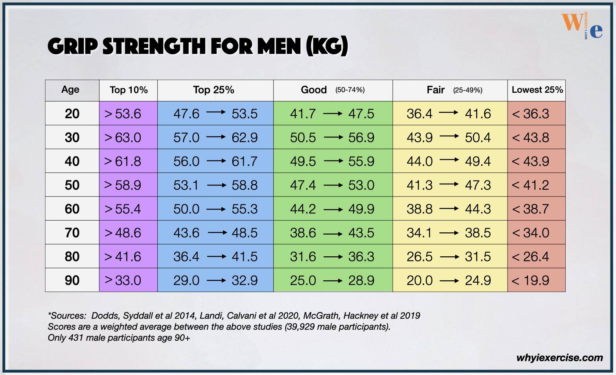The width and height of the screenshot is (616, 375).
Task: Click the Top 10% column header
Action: [129, 90]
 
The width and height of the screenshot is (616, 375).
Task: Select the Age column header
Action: [70, 90]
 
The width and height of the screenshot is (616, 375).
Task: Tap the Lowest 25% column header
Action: [537, 90]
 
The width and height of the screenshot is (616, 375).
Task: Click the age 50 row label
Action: [72, 185]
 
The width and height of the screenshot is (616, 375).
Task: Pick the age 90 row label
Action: [72, 280]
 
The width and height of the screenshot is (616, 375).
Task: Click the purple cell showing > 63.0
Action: [123, 138]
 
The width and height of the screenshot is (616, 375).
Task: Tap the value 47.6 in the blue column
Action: [186, 114]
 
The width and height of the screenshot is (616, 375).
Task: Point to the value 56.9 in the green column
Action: [361, 138]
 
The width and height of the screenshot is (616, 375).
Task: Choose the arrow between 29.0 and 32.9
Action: [216, 280]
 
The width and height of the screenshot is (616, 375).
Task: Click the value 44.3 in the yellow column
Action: [478, 209]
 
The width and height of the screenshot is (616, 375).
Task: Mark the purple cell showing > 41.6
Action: [123, 257]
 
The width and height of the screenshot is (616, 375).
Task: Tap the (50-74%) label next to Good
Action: [350, 90]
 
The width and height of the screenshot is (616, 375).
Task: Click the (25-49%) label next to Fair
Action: [467, 90]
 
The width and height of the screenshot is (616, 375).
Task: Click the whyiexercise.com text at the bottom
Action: [559, 358]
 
